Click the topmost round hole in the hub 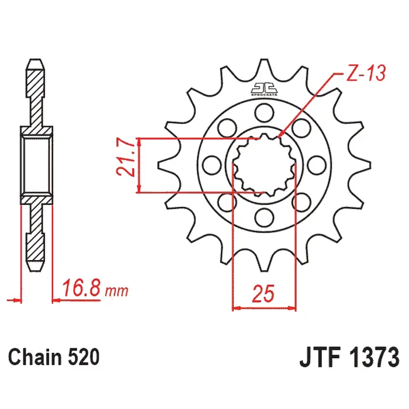click(261, 111)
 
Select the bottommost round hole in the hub click(264, 219)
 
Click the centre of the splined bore click(264, 165)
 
